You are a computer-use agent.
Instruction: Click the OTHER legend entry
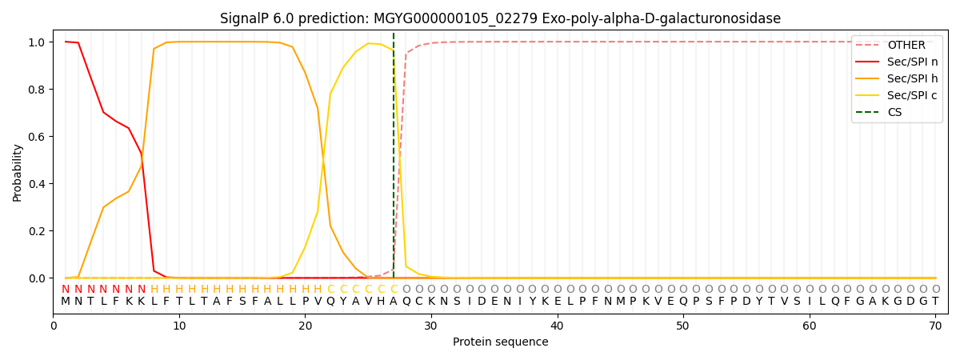[x=897, y=45]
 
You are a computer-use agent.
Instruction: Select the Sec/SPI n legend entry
[x=897, y=62]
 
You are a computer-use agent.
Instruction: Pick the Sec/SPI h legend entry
[x=897, y=78]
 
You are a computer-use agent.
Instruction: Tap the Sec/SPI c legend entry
[x=897, y=95]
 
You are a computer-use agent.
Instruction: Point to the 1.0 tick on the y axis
[x=37, y=42]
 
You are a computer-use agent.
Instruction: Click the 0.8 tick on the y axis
[x=37, y=90]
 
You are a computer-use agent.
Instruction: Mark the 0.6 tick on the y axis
[x=37, y=137]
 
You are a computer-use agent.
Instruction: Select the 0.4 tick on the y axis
[x=37, y=184]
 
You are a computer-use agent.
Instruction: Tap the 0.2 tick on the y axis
[x=37, y=231]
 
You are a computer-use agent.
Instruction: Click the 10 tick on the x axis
[x=179, y=326]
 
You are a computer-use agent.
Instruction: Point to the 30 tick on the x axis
[x=431, y=326]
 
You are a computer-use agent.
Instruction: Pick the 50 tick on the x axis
[x=683, y=326]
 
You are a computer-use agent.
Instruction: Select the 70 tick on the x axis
[x=935, y=326]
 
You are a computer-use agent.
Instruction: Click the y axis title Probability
[x=17, y=173]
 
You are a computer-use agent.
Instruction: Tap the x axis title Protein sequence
[x=501, y=342]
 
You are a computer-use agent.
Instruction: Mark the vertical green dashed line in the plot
[x=394, y=155]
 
